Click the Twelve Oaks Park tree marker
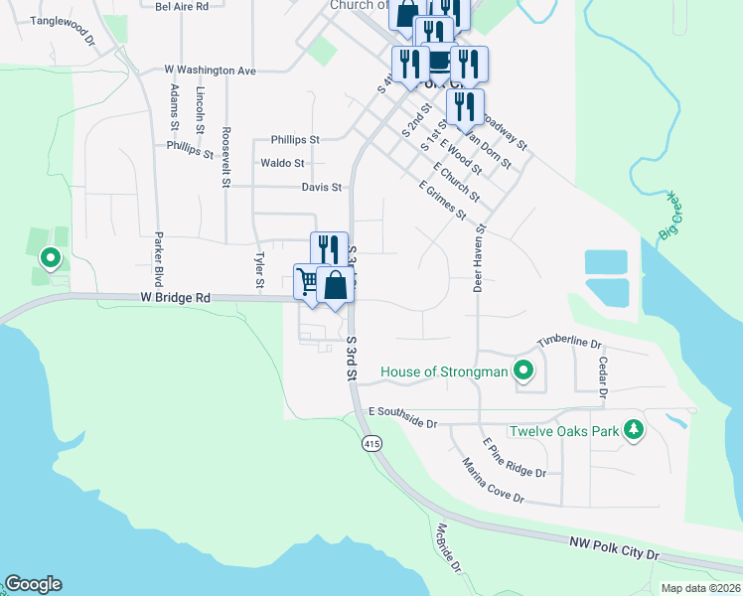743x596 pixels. click(x=632, y=430)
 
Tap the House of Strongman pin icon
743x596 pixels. click(x=523, y=372)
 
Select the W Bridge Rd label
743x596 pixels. click(x=176, y=297)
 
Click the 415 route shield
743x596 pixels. click(x=371, y=442)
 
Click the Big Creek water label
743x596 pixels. click(x=672, y=220)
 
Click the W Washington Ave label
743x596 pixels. click(x=211, y=71)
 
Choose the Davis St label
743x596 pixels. click(x=322, y=187)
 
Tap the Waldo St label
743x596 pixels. click(x=282, y=163)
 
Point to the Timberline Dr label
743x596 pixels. click(x=570, y=342)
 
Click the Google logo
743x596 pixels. click(x=33, y=584)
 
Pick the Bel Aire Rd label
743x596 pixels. click(x=182, y=6)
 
